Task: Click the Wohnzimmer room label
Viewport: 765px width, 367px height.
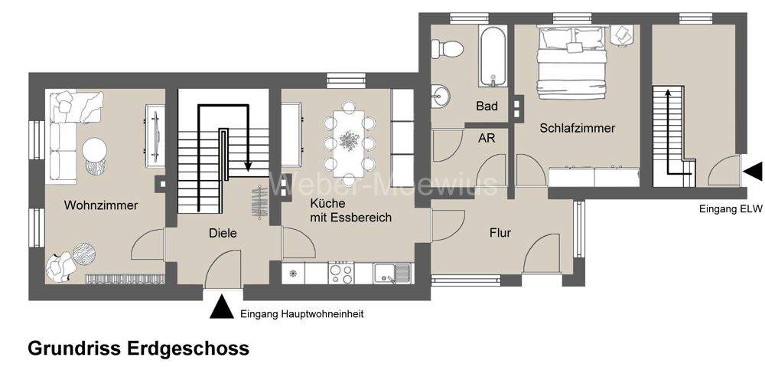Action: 101,205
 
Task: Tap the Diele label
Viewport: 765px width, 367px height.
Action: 223,233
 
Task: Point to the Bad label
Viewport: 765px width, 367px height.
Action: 487,106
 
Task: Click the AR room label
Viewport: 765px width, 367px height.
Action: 487,138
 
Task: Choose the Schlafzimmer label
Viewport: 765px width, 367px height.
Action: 577,128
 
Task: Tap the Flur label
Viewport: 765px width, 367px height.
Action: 500,233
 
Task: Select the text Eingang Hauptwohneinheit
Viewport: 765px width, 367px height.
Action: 301,313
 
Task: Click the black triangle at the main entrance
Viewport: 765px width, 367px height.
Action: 222,307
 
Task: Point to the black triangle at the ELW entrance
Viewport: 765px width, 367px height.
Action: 753,172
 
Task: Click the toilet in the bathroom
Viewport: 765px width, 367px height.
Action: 448,48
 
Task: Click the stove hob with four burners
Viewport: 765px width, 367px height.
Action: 340,272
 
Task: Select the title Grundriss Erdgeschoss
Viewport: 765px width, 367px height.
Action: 138,349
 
